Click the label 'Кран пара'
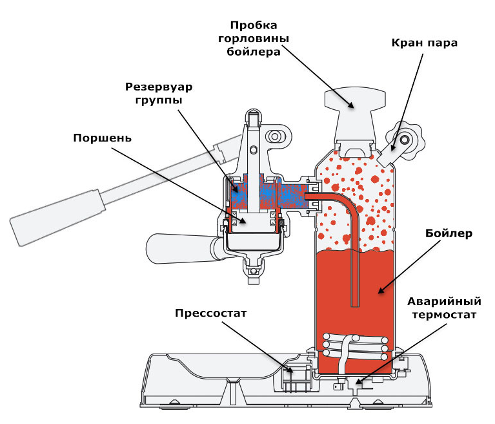click(x=424, y=44)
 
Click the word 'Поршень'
click(x=103, y=138)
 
